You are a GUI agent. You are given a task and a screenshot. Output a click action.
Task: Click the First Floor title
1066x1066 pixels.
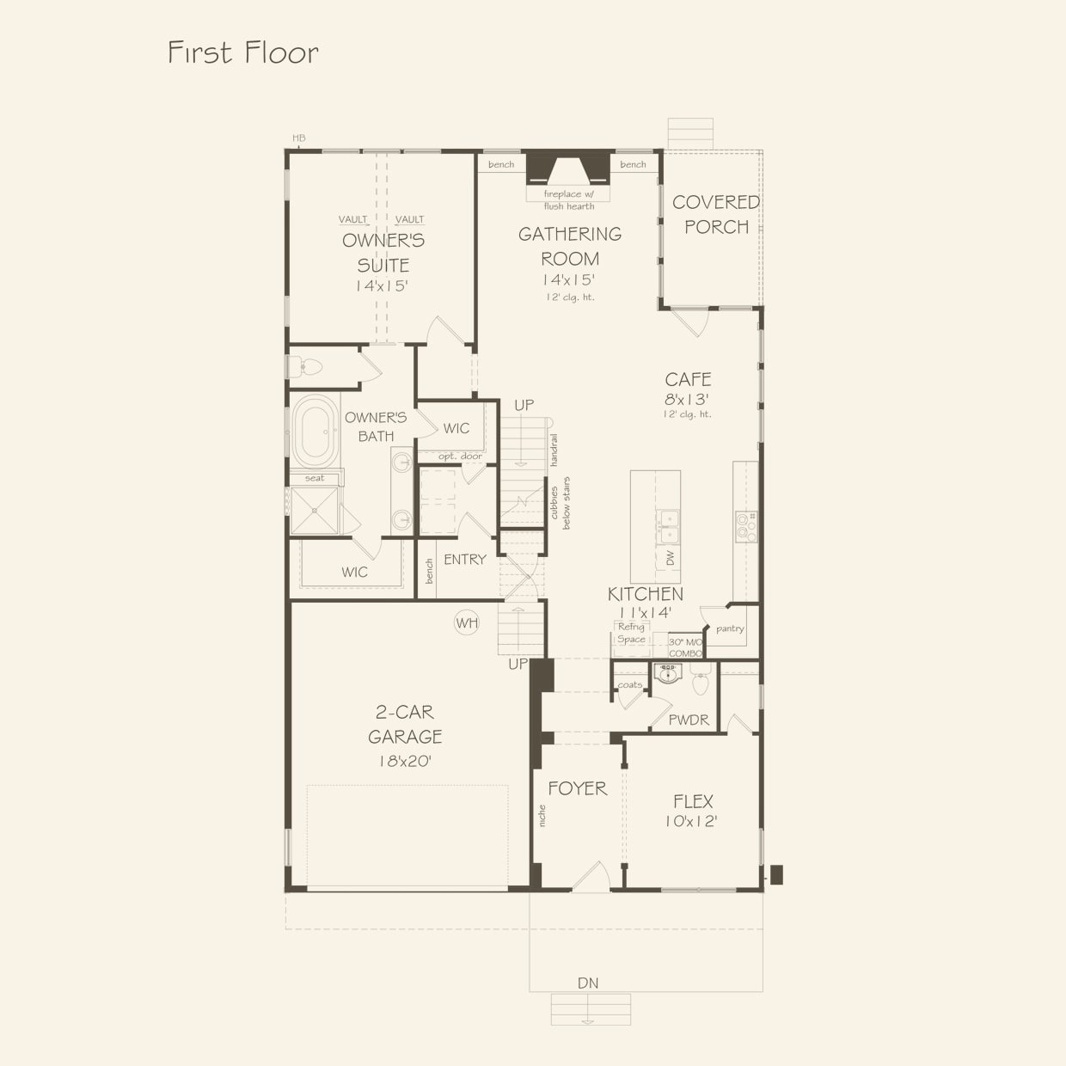tap(242, 53)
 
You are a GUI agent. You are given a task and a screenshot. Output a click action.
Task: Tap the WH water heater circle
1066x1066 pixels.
tap(466, 623)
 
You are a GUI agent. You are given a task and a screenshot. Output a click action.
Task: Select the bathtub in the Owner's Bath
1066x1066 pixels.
tap(316, 431)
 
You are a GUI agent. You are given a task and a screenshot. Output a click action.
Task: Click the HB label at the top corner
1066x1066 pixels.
tap(298, 138)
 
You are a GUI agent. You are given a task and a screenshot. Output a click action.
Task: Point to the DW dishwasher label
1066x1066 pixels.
tap(671, 558)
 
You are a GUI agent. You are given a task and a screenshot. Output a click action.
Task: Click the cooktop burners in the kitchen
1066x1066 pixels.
tap(746, 527)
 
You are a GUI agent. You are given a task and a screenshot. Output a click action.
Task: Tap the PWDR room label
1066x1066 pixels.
tap(688, 720)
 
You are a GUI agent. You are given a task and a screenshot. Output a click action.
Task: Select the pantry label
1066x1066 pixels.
tap(730, 628)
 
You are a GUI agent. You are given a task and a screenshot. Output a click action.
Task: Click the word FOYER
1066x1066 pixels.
tap(577, 788)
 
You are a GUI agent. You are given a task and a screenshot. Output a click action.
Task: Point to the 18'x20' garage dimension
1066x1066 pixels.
tap(405, 762)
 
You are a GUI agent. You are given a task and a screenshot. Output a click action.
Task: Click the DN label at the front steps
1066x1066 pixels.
tap(588, 983)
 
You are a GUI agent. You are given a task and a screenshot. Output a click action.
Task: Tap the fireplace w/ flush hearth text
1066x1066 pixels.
tap(569, 199)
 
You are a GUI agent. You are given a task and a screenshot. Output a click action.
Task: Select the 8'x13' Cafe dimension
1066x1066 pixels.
tap(687, 399)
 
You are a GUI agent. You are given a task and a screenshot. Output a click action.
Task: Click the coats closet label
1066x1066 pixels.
tap(629, 684)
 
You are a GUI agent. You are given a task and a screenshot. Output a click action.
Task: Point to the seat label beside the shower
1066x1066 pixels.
tap(315, 478)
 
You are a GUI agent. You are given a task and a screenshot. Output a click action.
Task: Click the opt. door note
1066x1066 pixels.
tap(460, 456)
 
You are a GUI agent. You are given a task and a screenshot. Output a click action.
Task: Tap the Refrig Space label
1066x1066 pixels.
tap(631, 633)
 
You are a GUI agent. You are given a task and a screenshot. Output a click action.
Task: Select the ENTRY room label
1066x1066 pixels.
tap(465, 560)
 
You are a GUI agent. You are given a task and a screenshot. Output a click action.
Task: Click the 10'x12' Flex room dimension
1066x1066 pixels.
tap(691, 822)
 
